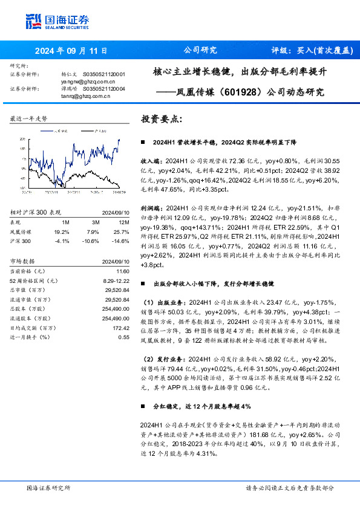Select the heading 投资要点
point(160,119)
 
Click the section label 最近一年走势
point(28,120)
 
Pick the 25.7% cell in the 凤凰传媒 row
point(121,231)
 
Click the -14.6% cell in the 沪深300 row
point(121,240)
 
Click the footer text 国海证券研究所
point(49,488)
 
